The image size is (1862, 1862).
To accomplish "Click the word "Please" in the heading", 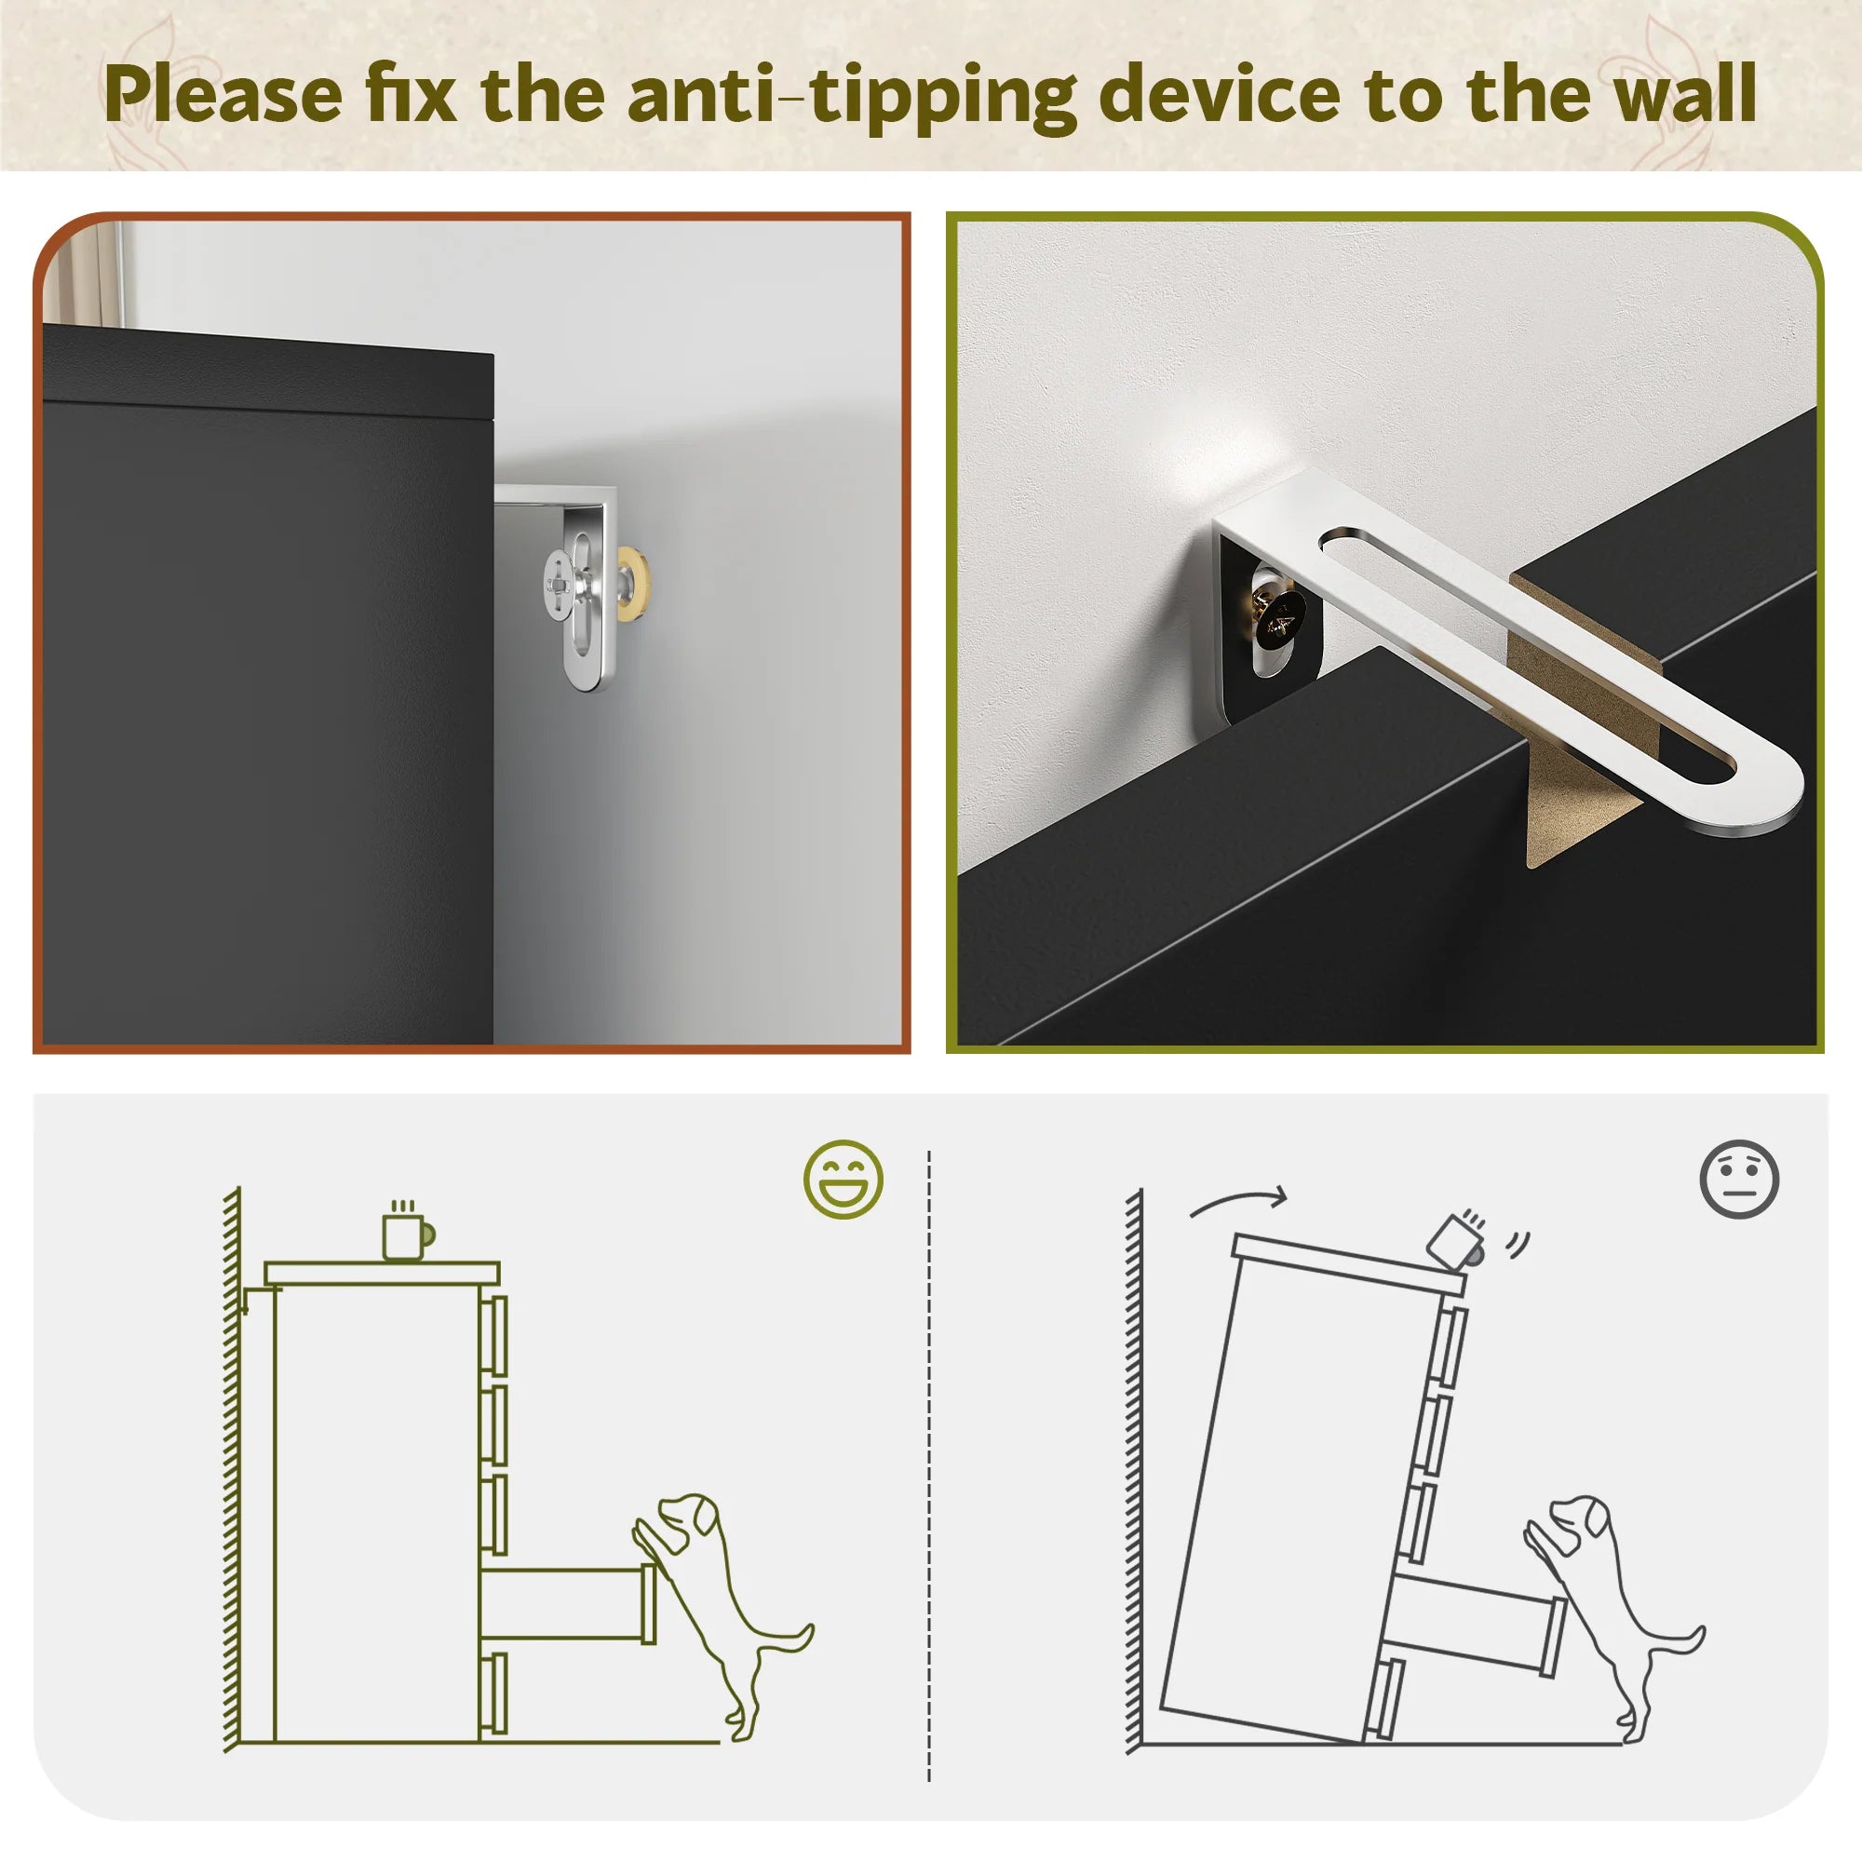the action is point(223,94).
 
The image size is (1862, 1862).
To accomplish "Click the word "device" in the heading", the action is point(1220,93).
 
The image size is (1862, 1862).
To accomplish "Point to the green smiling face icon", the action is point(843,1179).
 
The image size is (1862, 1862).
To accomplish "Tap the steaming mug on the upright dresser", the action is point(408,1231).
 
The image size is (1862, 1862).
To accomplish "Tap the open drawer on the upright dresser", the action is point(569,1604).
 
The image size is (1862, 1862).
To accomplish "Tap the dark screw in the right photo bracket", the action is point(1279,621).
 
